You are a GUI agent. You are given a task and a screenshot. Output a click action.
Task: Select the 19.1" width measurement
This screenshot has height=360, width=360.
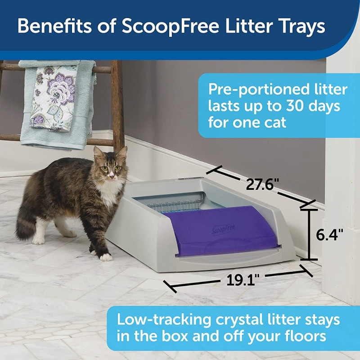[243, 280]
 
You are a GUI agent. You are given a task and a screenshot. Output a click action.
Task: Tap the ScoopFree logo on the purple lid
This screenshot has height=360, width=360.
[223, 229]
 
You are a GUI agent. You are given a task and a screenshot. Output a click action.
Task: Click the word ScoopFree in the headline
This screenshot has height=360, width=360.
[170, 27]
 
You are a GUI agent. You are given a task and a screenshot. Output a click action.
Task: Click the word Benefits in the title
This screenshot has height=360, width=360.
[54, 26]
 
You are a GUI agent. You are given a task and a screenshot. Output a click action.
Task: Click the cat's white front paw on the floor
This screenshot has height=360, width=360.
[106, 257]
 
